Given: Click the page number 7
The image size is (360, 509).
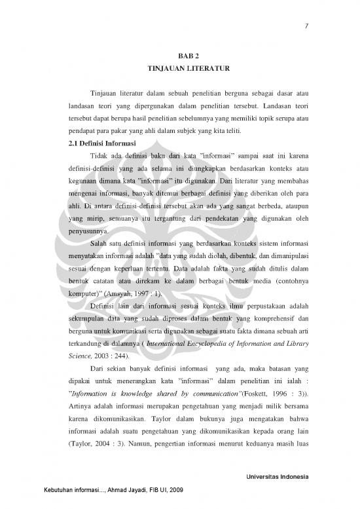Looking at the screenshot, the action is point(306,26).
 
